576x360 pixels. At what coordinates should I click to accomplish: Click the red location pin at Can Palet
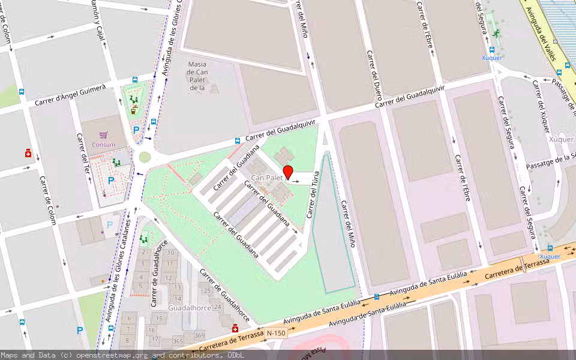click(x=288, y=172)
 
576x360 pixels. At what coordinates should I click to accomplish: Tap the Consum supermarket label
click(x=103, y=145)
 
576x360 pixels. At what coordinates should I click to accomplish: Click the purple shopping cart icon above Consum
click(x=104, y=135)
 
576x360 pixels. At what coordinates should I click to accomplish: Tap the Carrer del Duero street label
click(x=375, y=75)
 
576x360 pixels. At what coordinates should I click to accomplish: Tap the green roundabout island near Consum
click(x=145, y=157)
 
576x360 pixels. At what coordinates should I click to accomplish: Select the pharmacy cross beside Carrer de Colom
click(x=28, y=154)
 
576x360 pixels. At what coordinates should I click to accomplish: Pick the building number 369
click(x=199, y=335)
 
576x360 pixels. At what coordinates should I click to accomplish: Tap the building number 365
click(x=178, y=341)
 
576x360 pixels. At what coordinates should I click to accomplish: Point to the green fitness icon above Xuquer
click(x=496, y=34)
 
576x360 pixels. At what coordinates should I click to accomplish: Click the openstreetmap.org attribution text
click(x=108, y=355)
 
